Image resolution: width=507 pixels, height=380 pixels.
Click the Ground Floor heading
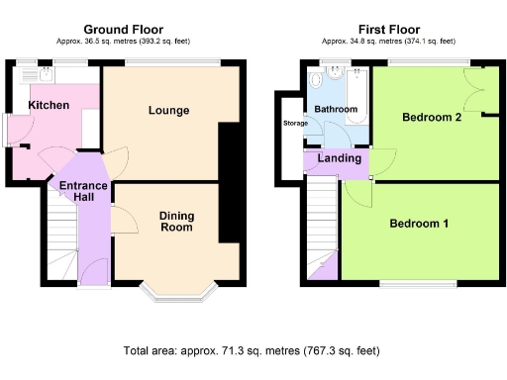(124, 30)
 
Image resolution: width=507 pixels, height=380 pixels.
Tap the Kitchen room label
(48, 105)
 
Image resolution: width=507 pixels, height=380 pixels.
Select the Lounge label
(169, 109)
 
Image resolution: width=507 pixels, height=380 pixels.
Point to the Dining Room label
(176, 221)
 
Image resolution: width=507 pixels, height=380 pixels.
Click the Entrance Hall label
(76, 191)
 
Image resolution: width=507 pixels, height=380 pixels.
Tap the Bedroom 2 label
(433, 117)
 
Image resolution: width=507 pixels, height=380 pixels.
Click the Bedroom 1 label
(418, 224)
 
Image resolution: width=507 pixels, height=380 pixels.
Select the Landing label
(339, 159)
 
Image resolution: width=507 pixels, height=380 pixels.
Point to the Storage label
(295, 124)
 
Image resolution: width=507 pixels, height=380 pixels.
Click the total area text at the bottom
(252, 351)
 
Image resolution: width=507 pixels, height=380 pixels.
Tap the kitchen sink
(28, 74)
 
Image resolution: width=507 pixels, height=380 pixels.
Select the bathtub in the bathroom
(357, 99)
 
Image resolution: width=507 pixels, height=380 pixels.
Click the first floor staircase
(320, 228)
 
